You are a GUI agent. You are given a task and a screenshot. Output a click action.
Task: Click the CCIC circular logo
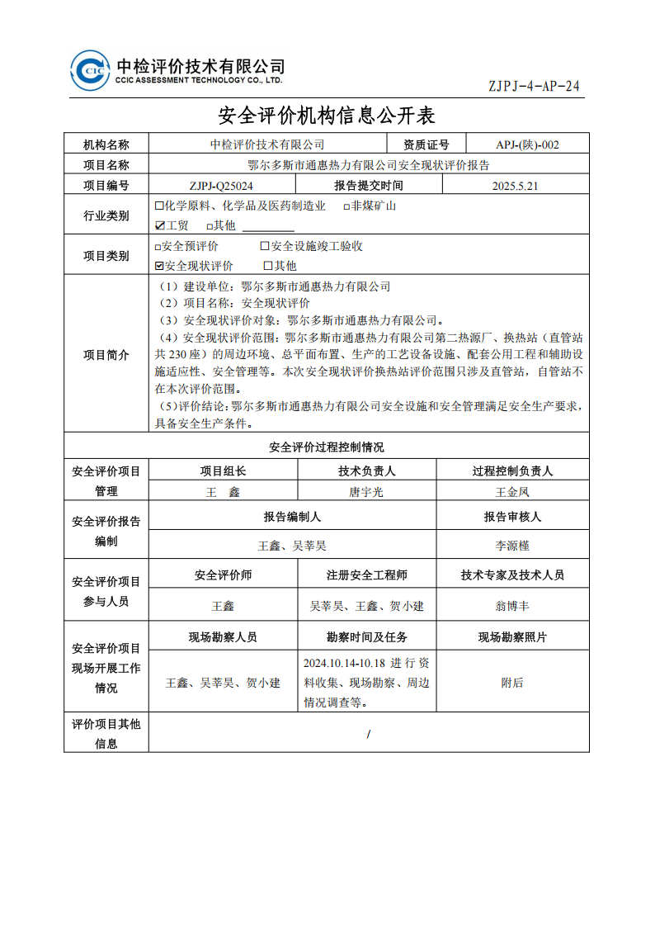point(90,70)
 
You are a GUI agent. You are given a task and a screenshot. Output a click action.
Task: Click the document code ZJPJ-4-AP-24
point(535,87)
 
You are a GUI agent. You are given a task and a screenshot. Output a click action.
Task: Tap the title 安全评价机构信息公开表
point(326,114)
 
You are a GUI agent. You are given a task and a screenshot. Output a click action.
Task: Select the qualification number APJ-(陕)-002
point(527,144)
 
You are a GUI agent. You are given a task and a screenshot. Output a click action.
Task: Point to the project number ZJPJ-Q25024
point(221,186)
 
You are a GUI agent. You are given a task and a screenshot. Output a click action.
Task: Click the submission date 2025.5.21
point(515,186)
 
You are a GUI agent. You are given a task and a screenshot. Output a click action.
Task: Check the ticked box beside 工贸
point(160,225)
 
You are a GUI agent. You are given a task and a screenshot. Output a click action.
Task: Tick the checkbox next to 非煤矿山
point(346,206)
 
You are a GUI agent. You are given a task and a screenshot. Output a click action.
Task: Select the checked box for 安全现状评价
point(159,266)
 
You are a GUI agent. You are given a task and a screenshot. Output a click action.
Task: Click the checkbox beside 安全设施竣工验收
point(265,246)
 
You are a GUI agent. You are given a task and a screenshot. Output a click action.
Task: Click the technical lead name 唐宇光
point(366,492)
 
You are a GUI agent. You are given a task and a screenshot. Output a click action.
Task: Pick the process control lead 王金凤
point(511,492)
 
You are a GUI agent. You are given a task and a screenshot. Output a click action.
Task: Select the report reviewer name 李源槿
point(511,546)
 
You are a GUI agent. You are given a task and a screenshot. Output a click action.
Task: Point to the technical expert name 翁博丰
point(511,606)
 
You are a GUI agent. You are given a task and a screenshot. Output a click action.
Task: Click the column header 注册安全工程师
point(366,575)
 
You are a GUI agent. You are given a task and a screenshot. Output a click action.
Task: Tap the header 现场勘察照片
point(511,637)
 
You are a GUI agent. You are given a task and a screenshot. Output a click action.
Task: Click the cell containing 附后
point(511,683)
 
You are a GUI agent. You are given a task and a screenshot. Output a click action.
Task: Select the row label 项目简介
point(106,355)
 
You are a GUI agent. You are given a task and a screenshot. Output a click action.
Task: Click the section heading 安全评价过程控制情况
point(327,447)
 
